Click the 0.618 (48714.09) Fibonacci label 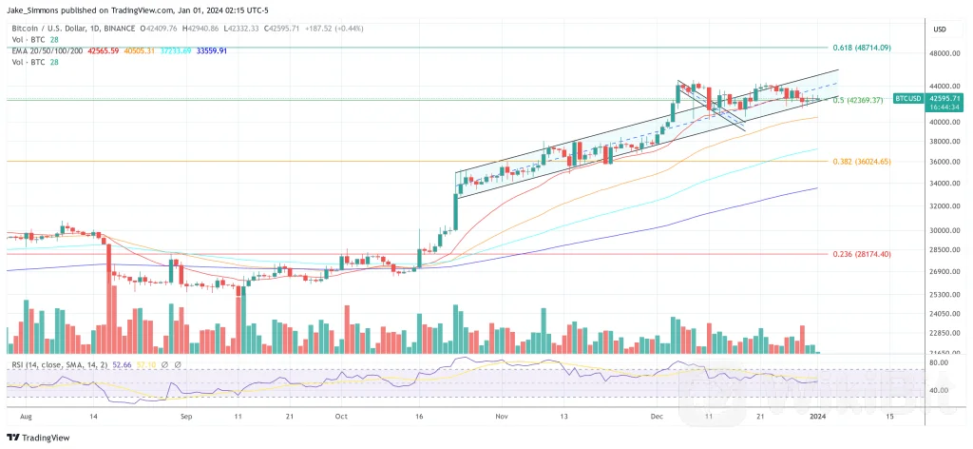tap(862, 47)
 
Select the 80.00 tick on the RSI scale tap(941, 362)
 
